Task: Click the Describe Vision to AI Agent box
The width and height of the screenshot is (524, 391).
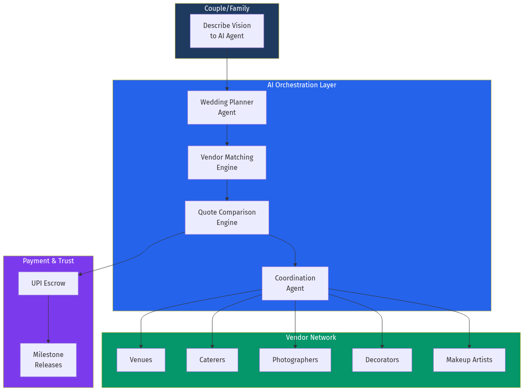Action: click(x=227, y=31)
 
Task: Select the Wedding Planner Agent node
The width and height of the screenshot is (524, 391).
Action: click(x=227, y=107)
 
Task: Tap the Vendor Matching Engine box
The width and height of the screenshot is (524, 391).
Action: click(x=227, y=162)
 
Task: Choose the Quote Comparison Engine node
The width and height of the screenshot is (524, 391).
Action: click(x=227, y=217)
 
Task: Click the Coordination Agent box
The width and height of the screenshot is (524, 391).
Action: click(x=295, y=283)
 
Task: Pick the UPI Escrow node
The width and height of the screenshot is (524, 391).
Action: click(x=48, y=283)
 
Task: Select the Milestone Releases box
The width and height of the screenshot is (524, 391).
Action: click(x=48, y=360)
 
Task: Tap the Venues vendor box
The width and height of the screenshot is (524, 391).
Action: click(x=141, y=360)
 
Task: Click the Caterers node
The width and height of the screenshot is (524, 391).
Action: click(x=212, y=360)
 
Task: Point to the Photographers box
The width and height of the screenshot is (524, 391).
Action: click(x=295, y=360)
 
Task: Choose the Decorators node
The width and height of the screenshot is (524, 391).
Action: click(x=382, y=360)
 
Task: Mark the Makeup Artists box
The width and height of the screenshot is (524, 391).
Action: click(x=469, y=360)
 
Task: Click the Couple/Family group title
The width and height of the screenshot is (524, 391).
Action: click(x=227, y=8)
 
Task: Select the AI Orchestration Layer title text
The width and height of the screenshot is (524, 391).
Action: click(x=302, y=85)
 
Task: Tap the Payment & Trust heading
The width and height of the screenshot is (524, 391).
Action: click(x=48, y=261)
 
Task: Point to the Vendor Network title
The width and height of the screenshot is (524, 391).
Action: click(x=311, y=337)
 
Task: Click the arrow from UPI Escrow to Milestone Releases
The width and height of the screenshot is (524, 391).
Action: click(x=48, y=318)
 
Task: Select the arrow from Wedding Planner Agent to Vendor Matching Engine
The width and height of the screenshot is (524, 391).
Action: click(x=227, y=135)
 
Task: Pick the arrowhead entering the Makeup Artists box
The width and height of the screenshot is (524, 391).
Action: click(x=469, y=346)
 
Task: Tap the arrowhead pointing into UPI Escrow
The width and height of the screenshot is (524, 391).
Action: click(x=80, y=274)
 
